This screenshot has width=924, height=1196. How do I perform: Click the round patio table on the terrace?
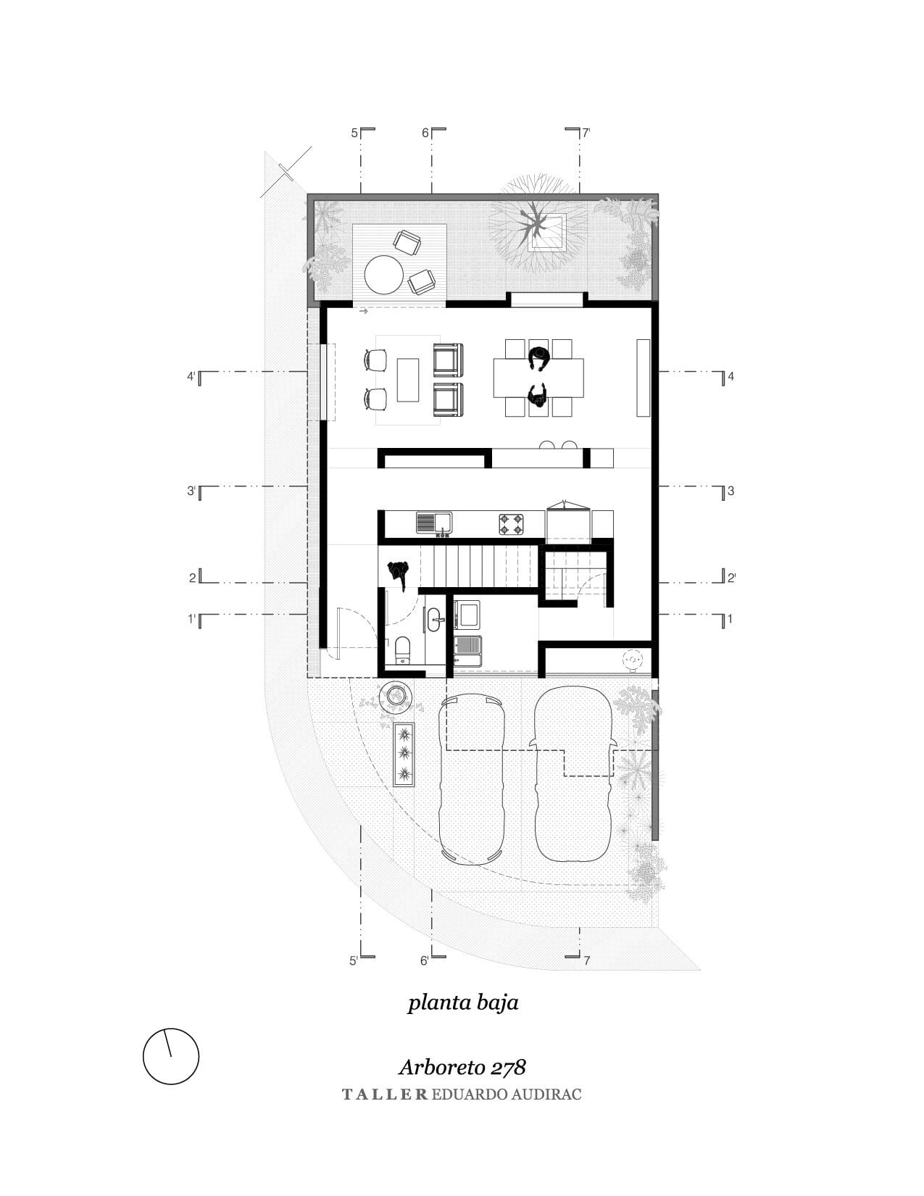[x=383, y=275]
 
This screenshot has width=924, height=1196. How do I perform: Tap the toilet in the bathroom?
[x=403, y=649]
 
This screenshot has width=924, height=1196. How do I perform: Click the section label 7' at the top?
[x=586, y=133]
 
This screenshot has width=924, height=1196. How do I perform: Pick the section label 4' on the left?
[x=191, y=377]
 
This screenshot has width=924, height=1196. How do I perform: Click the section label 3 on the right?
[x=731, y=491]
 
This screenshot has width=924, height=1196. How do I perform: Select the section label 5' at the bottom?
[x=354, y=960]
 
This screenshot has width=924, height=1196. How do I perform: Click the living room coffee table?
[x=407, y=380]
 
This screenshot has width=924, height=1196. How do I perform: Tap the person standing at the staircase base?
[x=399, y=575]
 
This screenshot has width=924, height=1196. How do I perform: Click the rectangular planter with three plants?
[x=404, y=755]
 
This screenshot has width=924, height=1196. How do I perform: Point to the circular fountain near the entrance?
[x=395, y=696]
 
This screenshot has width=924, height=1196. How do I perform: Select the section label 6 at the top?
[x=425, y=133]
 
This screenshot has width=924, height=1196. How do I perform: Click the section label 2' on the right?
[x=732, y=578]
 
